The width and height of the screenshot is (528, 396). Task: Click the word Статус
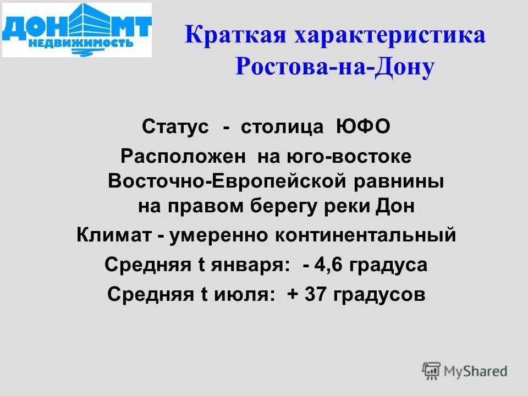coord(175,127)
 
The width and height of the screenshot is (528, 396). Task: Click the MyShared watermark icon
coord(431,371)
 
